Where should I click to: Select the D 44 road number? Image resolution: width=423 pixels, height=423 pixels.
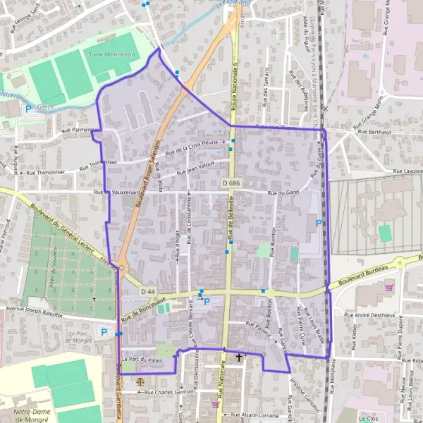click(147, 291)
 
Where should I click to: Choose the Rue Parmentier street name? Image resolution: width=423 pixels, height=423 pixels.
click(78, 130)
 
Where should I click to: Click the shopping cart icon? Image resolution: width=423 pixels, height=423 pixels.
click(388, 287)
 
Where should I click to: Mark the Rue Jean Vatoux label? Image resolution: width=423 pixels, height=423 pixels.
click(195, 171)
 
